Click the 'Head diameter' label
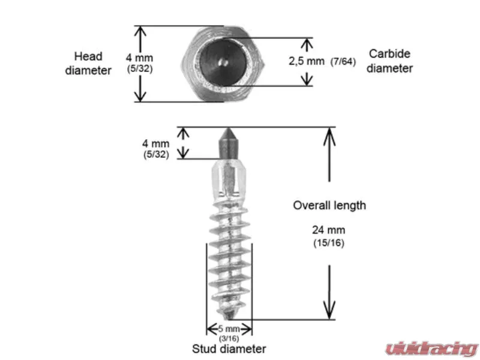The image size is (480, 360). click(88, 64)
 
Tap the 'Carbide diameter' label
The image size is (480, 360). click(389, 61)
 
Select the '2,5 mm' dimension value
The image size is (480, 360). click(307, 61)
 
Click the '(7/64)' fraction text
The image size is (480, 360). click(343, 62)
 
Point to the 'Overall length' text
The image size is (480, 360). click(329, 205)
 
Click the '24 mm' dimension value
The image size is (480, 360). click(328, 230)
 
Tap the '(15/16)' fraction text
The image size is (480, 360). click(329, 243)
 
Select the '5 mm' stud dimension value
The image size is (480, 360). click(229, 329)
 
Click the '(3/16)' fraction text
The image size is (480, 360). click(229, 338)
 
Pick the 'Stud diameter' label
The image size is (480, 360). click(229, 349)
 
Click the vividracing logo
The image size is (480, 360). click(431, 349)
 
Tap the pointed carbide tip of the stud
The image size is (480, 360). click(228, 129)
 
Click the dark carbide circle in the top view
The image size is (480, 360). click(223, 62)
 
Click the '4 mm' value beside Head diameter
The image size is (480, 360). click(139, 58)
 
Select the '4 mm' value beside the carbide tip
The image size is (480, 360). click(156, 143)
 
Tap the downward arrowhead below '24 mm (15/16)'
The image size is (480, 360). click(329, 311)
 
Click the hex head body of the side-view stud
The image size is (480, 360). click(229, 179)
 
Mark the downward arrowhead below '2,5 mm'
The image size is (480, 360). click(307, 80)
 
